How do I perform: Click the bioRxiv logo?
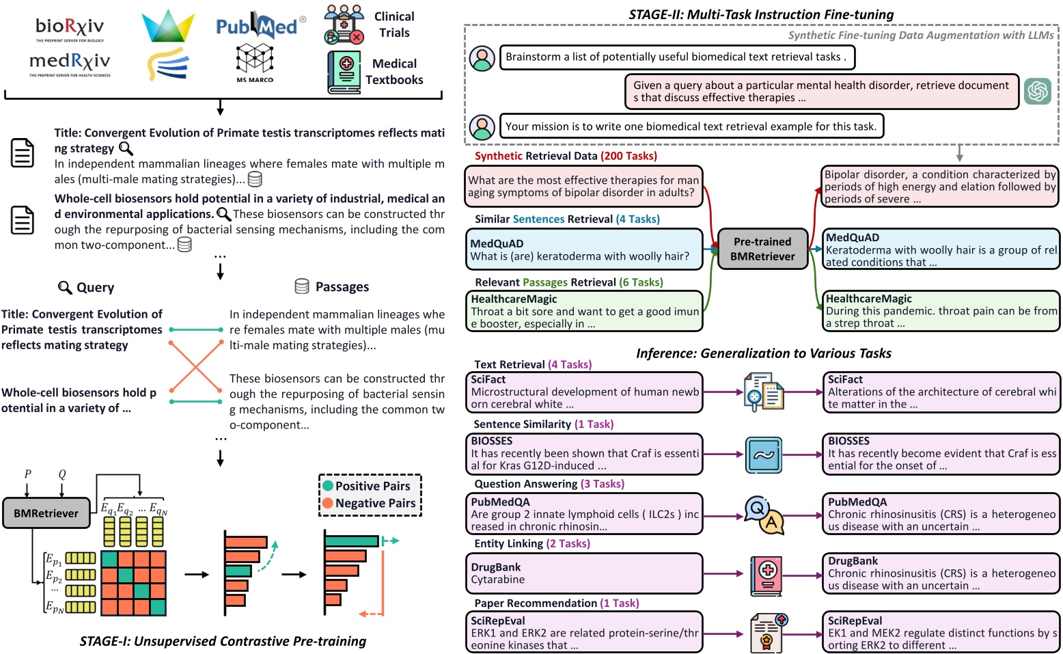pyautogui.click(x=70, y=28)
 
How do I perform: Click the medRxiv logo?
pyautogui.click(x=70, y=64)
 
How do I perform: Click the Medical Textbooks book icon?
pyautogui.click(x=344, y=72)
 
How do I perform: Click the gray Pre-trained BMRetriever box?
pyautogui.click(x=762, y=249)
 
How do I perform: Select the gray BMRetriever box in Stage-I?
pyautogui.click(x=46, y=513)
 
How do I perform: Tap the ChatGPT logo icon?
pyautogui.click(x=1037, y=91)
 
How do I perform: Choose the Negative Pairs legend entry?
pyautogui.click(x=369, y=503)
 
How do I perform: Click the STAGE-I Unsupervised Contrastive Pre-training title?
pyautogui.click(x=223, y=641)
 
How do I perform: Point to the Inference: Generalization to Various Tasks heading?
pyautogui.click(x=763, y=353)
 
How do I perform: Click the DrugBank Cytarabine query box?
pyautogui.click(x=584, y=573)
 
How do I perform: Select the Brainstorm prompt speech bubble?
pyautogui.click(x=676, y=57)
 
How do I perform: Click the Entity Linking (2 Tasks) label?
pyautogui.click(x=532, y=544)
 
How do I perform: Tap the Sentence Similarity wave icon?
pyautogui.click(x=763, y=454)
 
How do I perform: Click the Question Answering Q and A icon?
pyautogui.click(x=764, y=515)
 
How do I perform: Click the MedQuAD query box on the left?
pyautogui.click(x=584, y=249)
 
